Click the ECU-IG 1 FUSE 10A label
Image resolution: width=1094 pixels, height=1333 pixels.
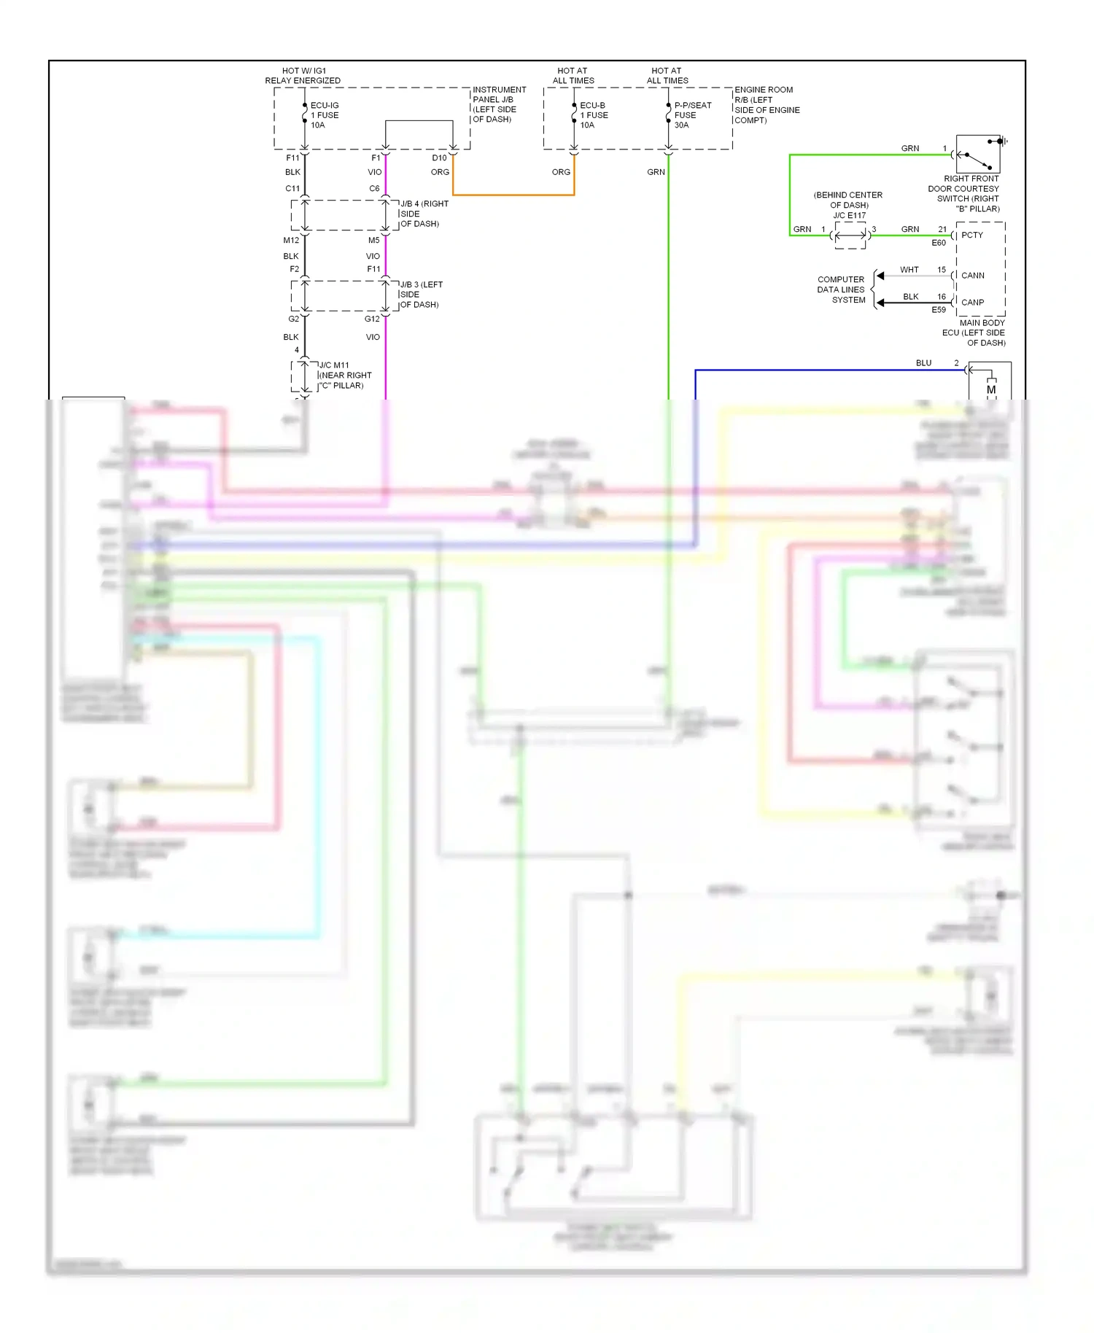324,115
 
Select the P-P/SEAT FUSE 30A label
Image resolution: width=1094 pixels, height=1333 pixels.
691,115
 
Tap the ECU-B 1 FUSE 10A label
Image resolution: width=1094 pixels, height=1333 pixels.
593,115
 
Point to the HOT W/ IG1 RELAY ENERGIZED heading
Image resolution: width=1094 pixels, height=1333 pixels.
303,76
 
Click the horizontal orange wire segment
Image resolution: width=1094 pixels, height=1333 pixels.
513,195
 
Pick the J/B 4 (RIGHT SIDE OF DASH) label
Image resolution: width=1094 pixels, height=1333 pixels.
423,214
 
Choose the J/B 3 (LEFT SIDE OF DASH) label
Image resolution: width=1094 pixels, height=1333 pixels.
420,295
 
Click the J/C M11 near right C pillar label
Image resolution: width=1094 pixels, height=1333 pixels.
344,375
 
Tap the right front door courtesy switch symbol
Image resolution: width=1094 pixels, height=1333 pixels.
977,154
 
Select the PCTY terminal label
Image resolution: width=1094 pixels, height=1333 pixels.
971,236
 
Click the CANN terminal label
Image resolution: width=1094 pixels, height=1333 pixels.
972,276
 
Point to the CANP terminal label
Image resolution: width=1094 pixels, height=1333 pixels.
972,302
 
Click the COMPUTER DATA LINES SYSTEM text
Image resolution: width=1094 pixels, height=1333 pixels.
841,289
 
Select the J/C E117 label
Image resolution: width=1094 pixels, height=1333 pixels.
849,215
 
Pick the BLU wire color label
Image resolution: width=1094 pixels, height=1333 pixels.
923,363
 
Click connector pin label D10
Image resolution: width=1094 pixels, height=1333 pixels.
439,158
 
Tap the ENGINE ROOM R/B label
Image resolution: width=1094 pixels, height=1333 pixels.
766,105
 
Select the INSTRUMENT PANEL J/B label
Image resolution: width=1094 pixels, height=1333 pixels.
498,104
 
